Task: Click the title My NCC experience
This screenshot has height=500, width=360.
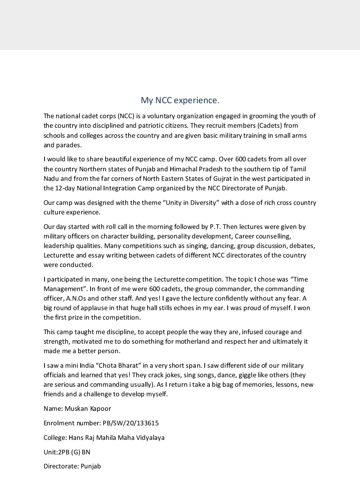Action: [x=180, y=100]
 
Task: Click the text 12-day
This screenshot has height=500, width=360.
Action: [x=65, y=188]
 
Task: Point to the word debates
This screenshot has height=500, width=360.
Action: [x=302, y=245]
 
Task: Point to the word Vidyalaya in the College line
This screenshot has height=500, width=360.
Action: [x=150, y=437]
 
